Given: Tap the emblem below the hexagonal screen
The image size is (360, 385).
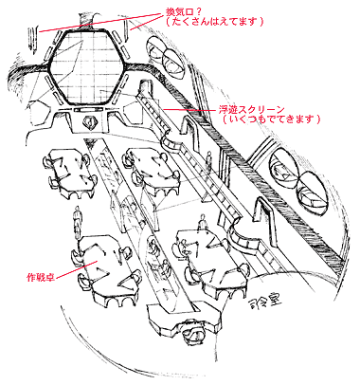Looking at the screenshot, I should point(88,123).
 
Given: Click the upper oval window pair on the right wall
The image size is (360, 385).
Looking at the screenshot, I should point(294,169).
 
